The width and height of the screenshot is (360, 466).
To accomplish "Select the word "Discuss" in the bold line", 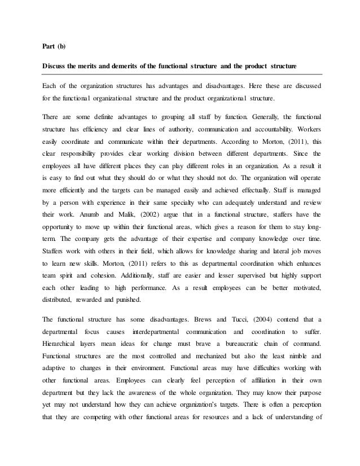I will [x=55, y=68].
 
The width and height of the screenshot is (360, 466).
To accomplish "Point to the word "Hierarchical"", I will [x=60, y=343].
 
